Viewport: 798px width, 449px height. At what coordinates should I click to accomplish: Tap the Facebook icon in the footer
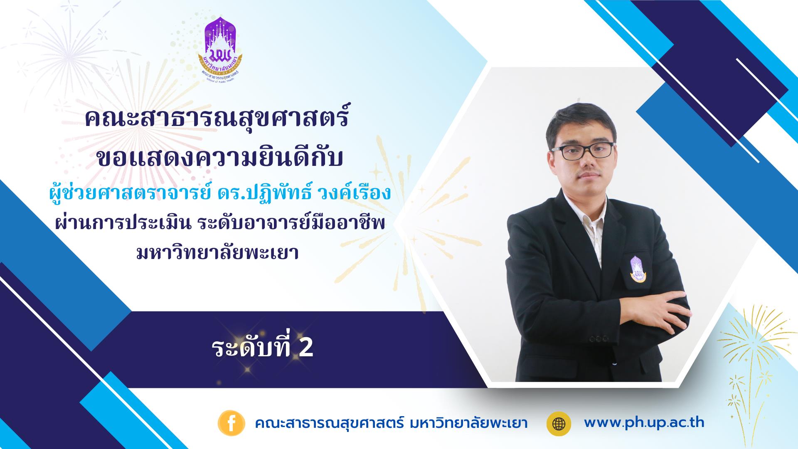(230, 423)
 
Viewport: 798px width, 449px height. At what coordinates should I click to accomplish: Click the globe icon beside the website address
(559, 423)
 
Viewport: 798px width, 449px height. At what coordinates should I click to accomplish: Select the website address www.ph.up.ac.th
(644, 423)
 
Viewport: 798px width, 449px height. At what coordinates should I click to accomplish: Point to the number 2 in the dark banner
(306, 349)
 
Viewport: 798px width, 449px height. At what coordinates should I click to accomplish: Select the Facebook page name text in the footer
(391, 424)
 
